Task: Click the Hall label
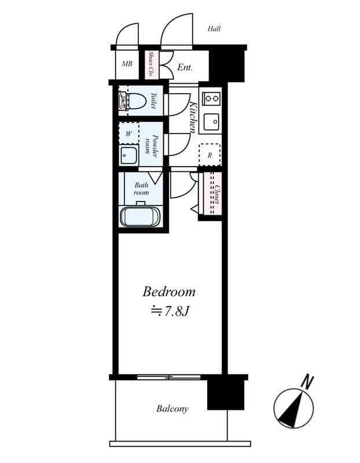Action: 214,28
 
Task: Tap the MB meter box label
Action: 127,64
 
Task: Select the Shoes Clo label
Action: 151,64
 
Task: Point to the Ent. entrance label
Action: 185,68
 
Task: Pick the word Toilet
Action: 153,101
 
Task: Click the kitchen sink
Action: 211,122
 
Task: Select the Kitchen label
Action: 193,117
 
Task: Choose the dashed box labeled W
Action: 128,134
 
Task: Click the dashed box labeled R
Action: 210,155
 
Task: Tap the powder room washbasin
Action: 128,155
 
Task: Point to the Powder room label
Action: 151,144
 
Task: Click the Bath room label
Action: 141,189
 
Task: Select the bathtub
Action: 140,216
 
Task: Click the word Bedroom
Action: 169,292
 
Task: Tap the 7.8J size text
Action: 170,311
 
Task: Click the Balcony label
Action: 172,409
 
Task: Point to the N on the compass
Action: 307,381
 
